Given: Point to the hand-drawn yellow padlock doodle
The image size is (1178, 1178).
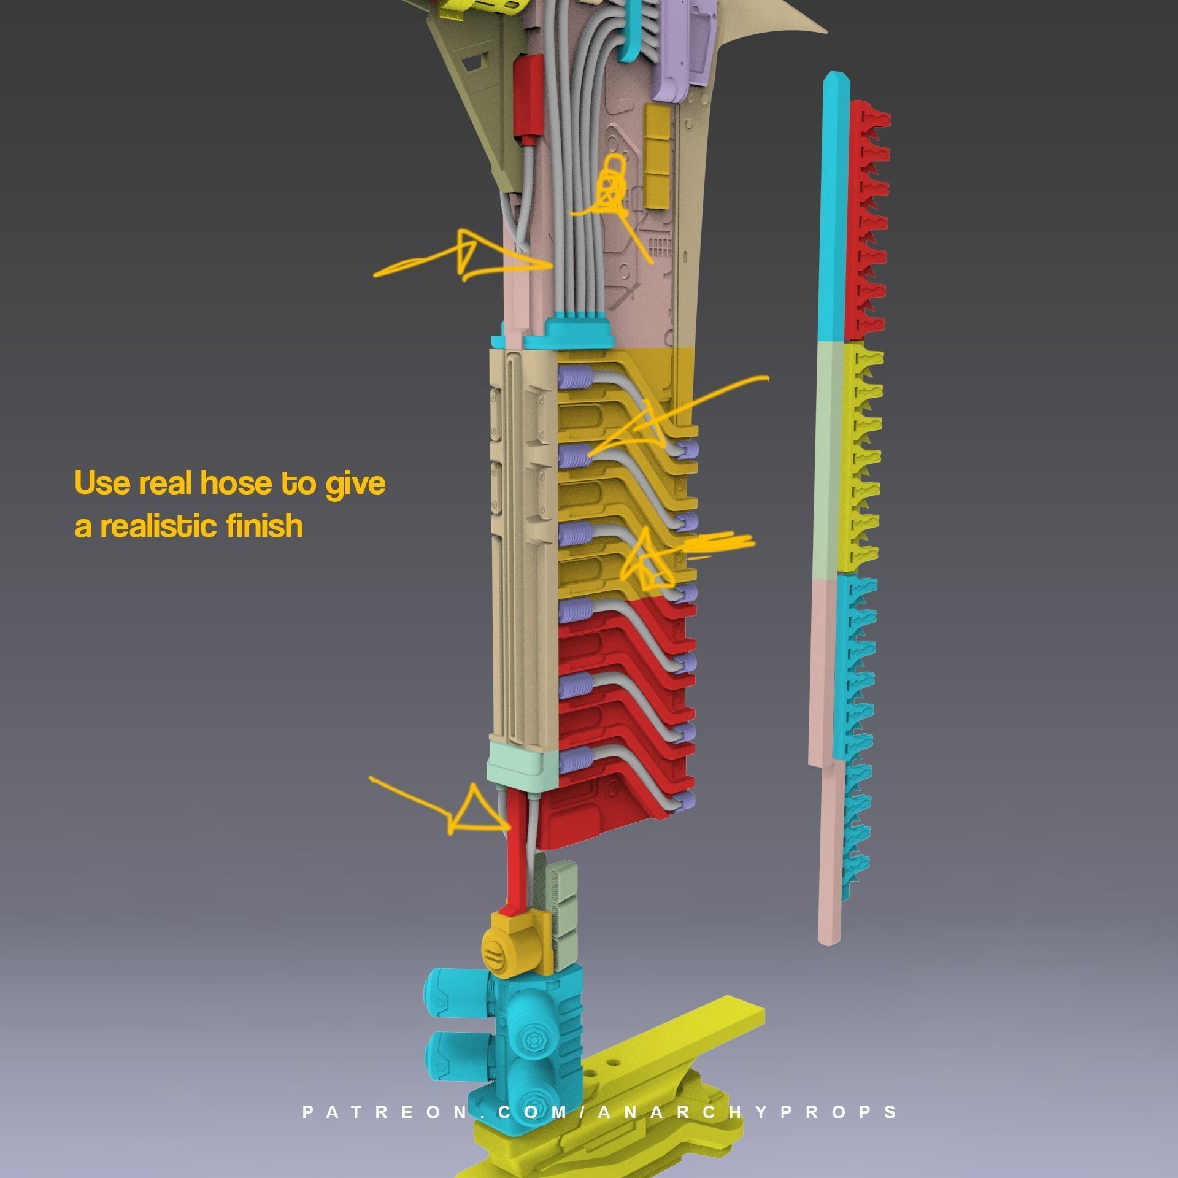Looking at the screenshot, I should pyautogui.click(x=611, y=184).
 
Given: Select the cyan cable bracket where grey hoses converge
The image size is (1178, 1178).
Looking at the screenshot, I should pyautogui.click(x=580, y=331).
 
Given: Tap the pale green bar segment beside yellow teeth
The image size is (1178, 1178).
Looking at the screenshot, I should pyautogui.click(x=831, y=457).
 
